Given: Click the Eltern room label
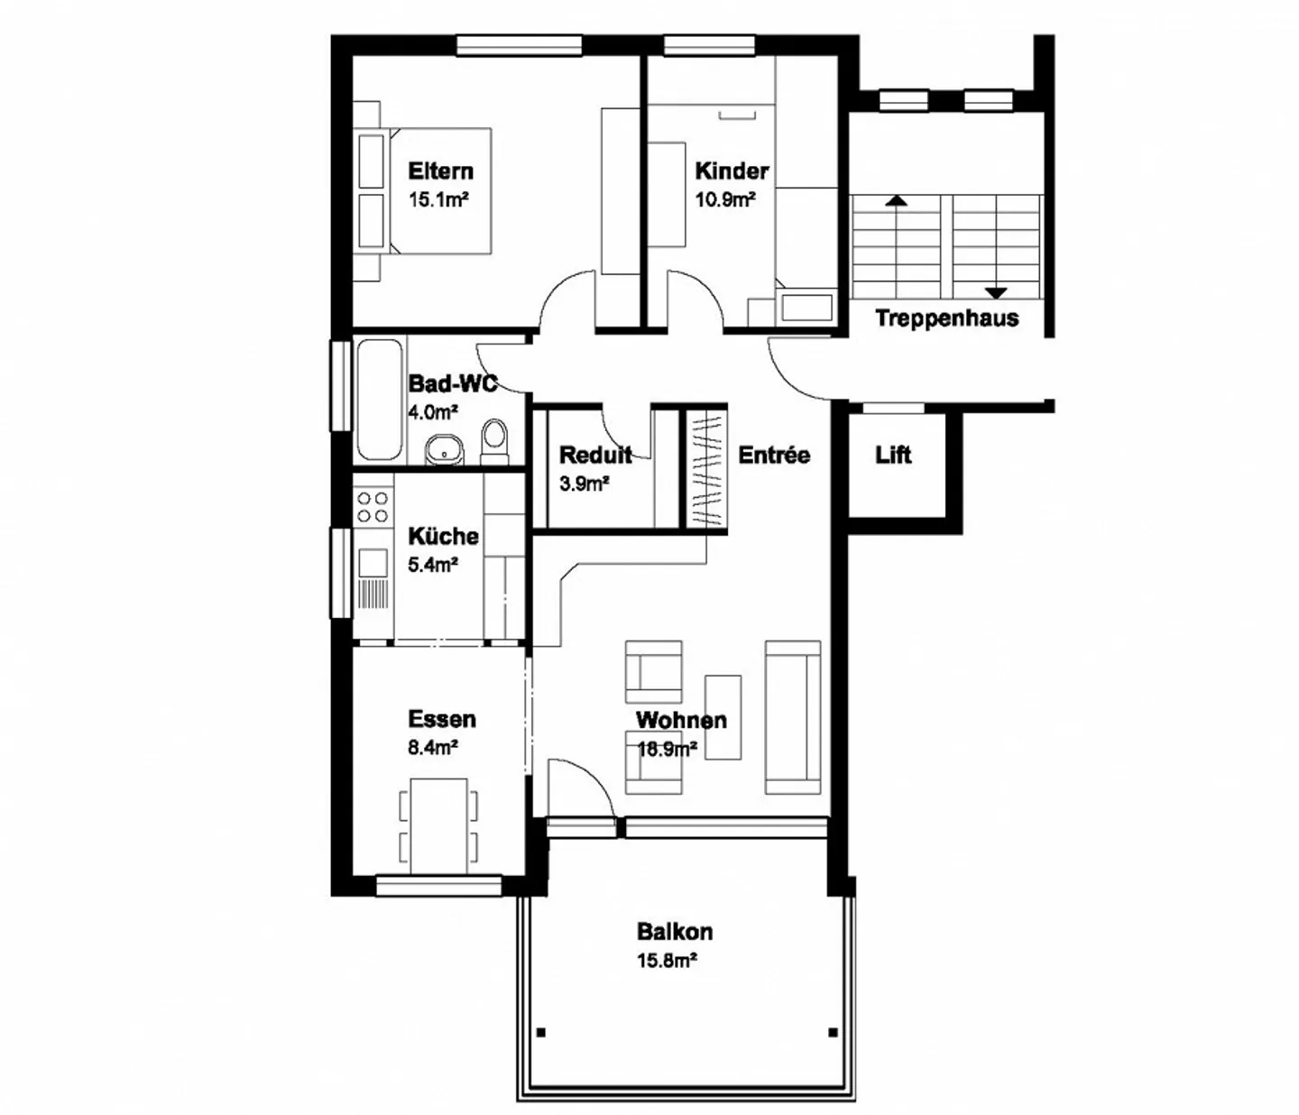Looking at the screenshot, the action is pos(440,171).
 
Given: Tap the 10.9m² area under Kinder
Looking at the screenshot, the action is pos(724,200).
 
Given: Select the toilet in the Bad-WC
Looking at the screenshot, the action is pos(494,441).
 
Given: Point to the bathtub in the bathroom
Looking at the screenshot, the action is pos(380,401).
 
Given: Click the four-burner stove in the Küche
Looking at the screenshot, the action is pos(373,507).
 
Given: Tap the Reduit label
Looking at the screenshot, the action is pos(595,455).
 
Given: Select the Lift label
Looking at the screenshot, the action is pos(893,455).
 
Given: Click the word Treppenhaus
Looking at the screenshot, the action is pos(946,318).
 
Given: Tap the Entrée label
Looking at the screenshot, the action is pos(774,455).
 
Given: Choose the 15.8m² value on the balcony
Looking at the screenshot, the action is pos(668,961).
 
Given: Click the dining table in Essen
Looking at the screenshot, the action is pos(438,826).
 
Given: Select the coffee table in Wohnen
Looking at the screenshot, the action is pos(723,717).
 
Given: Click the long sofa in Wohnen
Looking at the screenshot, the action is pos(792,717).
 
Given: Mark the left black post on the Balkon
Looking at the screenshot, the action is pos(541,1032).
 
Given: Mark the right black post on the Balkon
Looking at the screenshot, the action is pos(833,1032).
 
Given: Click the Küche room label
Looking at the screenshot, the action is pos(443,536).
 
